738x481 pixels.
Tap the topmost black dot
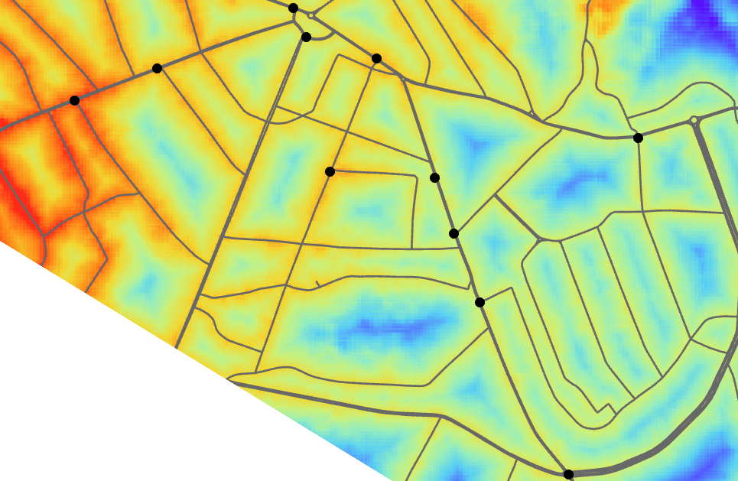(293, 8)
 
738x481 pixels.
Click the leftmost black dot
(74, 100)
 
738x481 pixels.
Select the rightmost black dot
(638, 138)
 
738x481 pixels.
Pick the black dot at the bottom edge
(568, 474)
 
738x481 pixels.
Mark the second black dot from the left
(157, 68)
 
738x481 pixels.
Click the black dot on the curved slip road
(306, 37)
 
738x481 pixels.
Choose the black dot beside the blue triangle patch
(434, 177)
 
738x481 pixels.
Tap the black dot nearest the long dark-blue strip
(480, 302)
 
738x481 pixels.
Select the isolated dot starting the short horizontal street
(330, 171)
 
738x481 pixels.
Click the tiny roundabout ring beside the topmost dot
(312, 15)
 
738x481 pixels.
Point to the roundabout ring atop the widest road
(694, 120)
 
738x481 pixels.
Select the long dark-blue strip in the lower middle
(382, 329)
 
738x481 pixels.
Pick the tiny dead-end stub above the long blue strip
(317, 284)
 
